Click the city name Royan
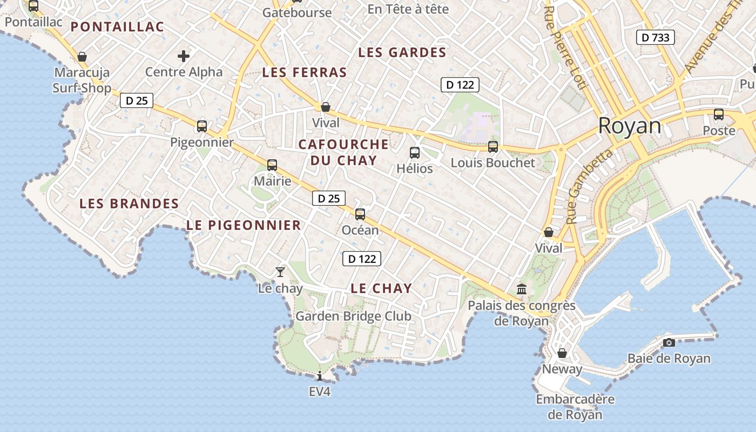(629, 126)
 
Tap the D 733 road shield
(656, 37)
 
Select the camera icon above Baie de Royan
(669, 342)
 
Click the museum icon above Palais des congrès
(522, 289)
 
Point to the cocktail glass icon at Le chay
(280, 272)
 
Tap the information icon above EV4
(320, 376)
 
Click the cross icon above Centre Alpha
(184, 56)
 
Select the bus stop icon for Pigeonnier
(202, 126)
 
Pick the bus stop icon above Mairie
(272, 165)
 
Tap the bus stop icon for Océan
(360, 214)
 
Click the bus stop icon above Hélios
(415, 153)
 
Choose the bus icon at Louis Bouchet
(492, 147)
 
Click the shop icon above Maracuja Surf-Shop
(82, 57)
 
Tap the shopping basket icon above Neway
(562, 353)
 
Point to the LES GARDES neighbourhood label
(402, 52)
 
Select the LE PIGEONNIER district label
(244, 225)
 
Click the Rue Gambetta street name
(590, 186)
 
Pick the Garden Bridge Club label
(353, 316)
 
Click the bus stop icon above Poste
(719, 114)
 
